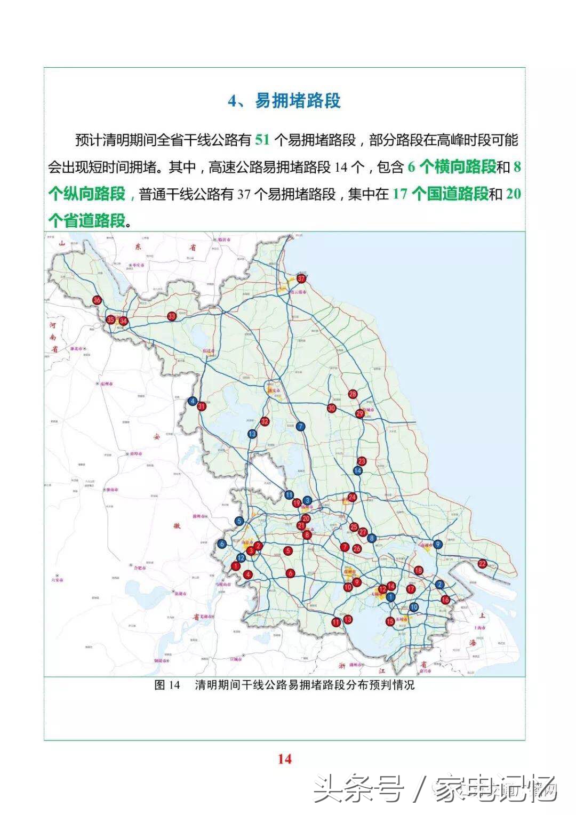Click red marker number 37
point(302,278)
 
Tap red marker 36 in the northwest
point(97,300)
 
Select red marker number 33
point(172,316)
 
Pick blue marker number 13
point(252,434)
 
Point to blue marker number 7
point(301,426)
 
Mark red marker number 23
point(362,461)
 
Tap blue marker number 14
point(358,470)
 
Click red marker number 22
point(482,564)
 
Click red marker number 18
point(419,570)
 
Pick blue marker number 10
point(414,607)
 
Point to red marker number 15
point(390,621)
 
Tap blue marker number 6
point(222,544)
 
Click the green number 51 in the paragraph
point(262,140)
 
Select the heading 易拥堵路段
point(298,100)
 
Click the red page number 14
point(285,758)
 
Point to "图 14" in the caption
point(167,685)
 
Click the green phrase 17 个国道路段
point(440,194)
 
